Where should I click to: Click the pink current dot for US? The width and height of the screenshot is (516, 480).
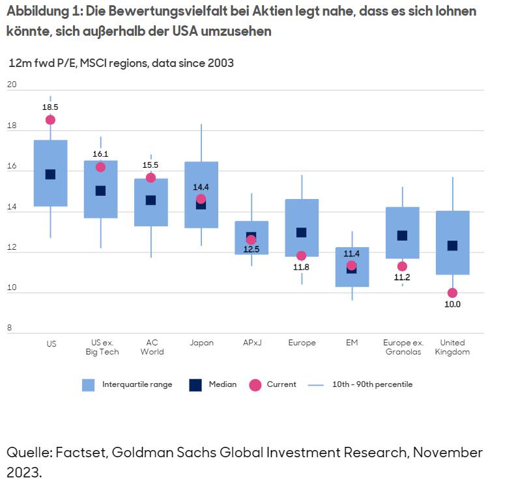point(50,120)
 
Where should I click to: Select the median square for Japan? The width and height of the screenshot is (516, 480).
point(201,204)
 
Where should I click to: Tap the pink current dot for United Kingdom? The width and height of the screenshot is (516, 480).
point(452,293)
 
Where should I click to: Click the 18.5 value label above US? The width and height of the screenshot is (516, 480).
point(50,107)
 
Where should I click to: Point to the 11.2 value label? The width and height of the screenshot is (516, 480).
point(402,278)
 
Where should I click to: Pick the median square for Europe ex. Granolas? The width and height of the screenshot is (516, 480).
point(402,235)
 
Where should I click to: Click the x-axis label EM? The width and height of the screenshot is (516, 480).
point(352,343)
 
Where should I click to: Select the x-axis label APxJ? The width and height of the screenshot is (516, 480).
point(251,343)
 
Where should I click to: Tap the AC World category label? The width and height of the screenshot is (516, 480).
point(151,347)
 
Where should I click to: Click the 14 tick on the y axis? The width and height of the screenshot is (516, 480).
point(11,211)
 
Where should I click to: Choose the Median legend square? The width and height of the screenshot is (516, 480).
point(195,385)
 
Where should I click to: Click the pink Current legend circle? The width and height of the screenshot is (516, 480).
point(255,385)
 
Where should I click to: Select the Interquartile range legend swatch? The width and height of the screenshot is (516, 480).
point(89,385)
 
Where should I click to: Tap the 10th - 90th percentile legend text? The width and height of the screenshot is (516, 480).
point(372,384)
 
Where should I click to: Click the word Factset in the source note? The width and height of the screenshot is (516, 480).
point(84,452)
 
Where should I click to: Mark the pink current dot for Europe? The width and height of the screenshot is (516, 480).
point(301,256)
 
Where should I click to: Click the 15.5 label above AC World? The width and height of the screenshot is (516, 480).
point(150,165)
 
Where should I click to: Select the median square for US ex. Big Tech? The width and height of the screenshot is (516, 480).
point(100,191)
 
